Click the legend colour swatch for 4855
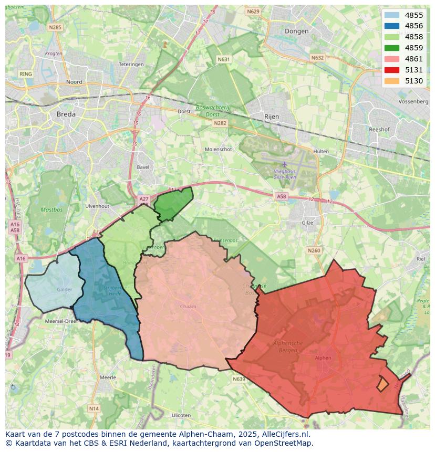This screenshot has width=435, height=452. pos(391,15)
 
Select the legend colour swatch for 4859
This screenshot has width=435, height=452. pos(391,48)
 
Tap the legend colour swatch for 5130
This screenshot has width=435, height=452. pos(391,81)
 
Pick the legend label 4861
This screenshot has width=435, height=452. pos(414,59)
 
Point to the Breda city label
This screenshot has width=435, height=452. pos(66,114)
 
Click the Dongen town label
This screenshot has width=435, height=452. pos(296,31)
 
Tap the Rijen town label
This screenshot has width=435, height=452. pos(272,117)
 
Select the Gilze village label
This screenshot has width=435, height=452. pos(307,223)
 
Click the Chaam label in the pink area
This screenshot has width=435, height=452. pos(188,307)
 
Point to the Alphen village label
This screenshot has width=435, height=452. pos(323,358)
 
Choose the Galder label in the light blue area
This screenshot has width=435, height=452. pos(65,289)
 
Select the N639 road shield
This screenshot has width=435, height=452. pos(239,379)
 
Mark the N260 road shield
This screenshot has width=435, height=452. pos(314,250)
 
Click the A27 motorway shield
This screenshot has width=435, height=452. pos(144,199)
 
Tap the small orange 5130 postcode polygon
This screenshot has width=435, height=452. pos(382,384)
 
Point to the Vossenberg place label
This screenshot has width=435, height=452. pos(413,101)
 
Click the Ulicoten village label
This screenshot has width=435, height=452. pos(181,415)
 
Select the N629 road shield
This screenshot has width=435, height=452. pos(253,12)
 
